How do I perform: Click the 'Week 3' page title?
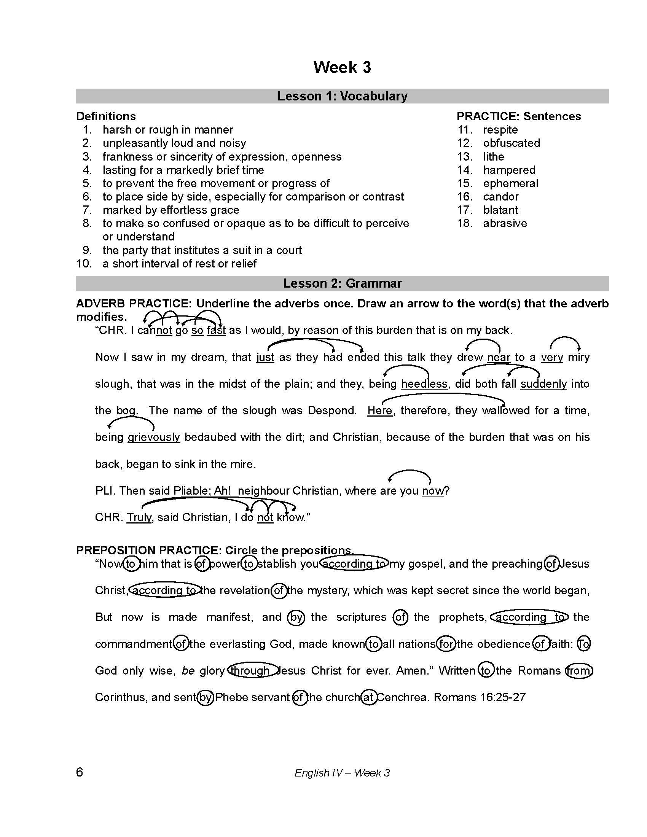(342, 67)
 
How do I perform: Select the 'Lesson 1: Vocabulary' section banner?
(342, 96)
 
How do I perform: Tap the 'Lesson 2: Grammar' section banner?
(342, 283)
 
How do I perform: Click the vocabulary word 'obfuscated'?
(511, 143)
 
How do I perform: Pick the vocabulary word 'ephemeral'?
(510, 183)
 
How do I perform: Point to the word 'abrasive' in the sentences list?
(505, 223)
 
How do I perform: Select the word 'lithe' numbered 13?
(493, 156)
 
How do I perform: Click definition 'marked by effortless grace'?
(171, 210)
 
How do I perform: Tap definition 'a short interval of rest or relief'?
(179, 264)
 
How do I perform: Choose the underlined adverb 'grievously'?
(154, 437)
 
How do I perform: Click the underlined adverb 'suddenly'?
(543, 384)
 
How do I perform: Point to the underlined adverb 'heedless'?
(424, 384)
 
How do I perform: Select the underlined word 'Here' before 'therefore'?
(379, 411)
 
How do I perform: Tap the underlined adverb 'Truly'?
(139, 517)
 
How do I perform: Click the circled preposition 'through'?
(252, 671)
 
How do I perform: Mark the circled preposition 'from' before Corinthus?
(579, 671)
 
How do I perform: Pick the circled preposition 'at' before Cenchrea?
(368, 697)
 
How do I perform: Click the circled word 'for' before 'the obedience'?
(446, 644)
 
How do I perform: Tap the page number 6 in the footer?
(79, 772)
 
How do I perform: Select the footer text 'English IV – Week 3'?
(342, 773)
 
